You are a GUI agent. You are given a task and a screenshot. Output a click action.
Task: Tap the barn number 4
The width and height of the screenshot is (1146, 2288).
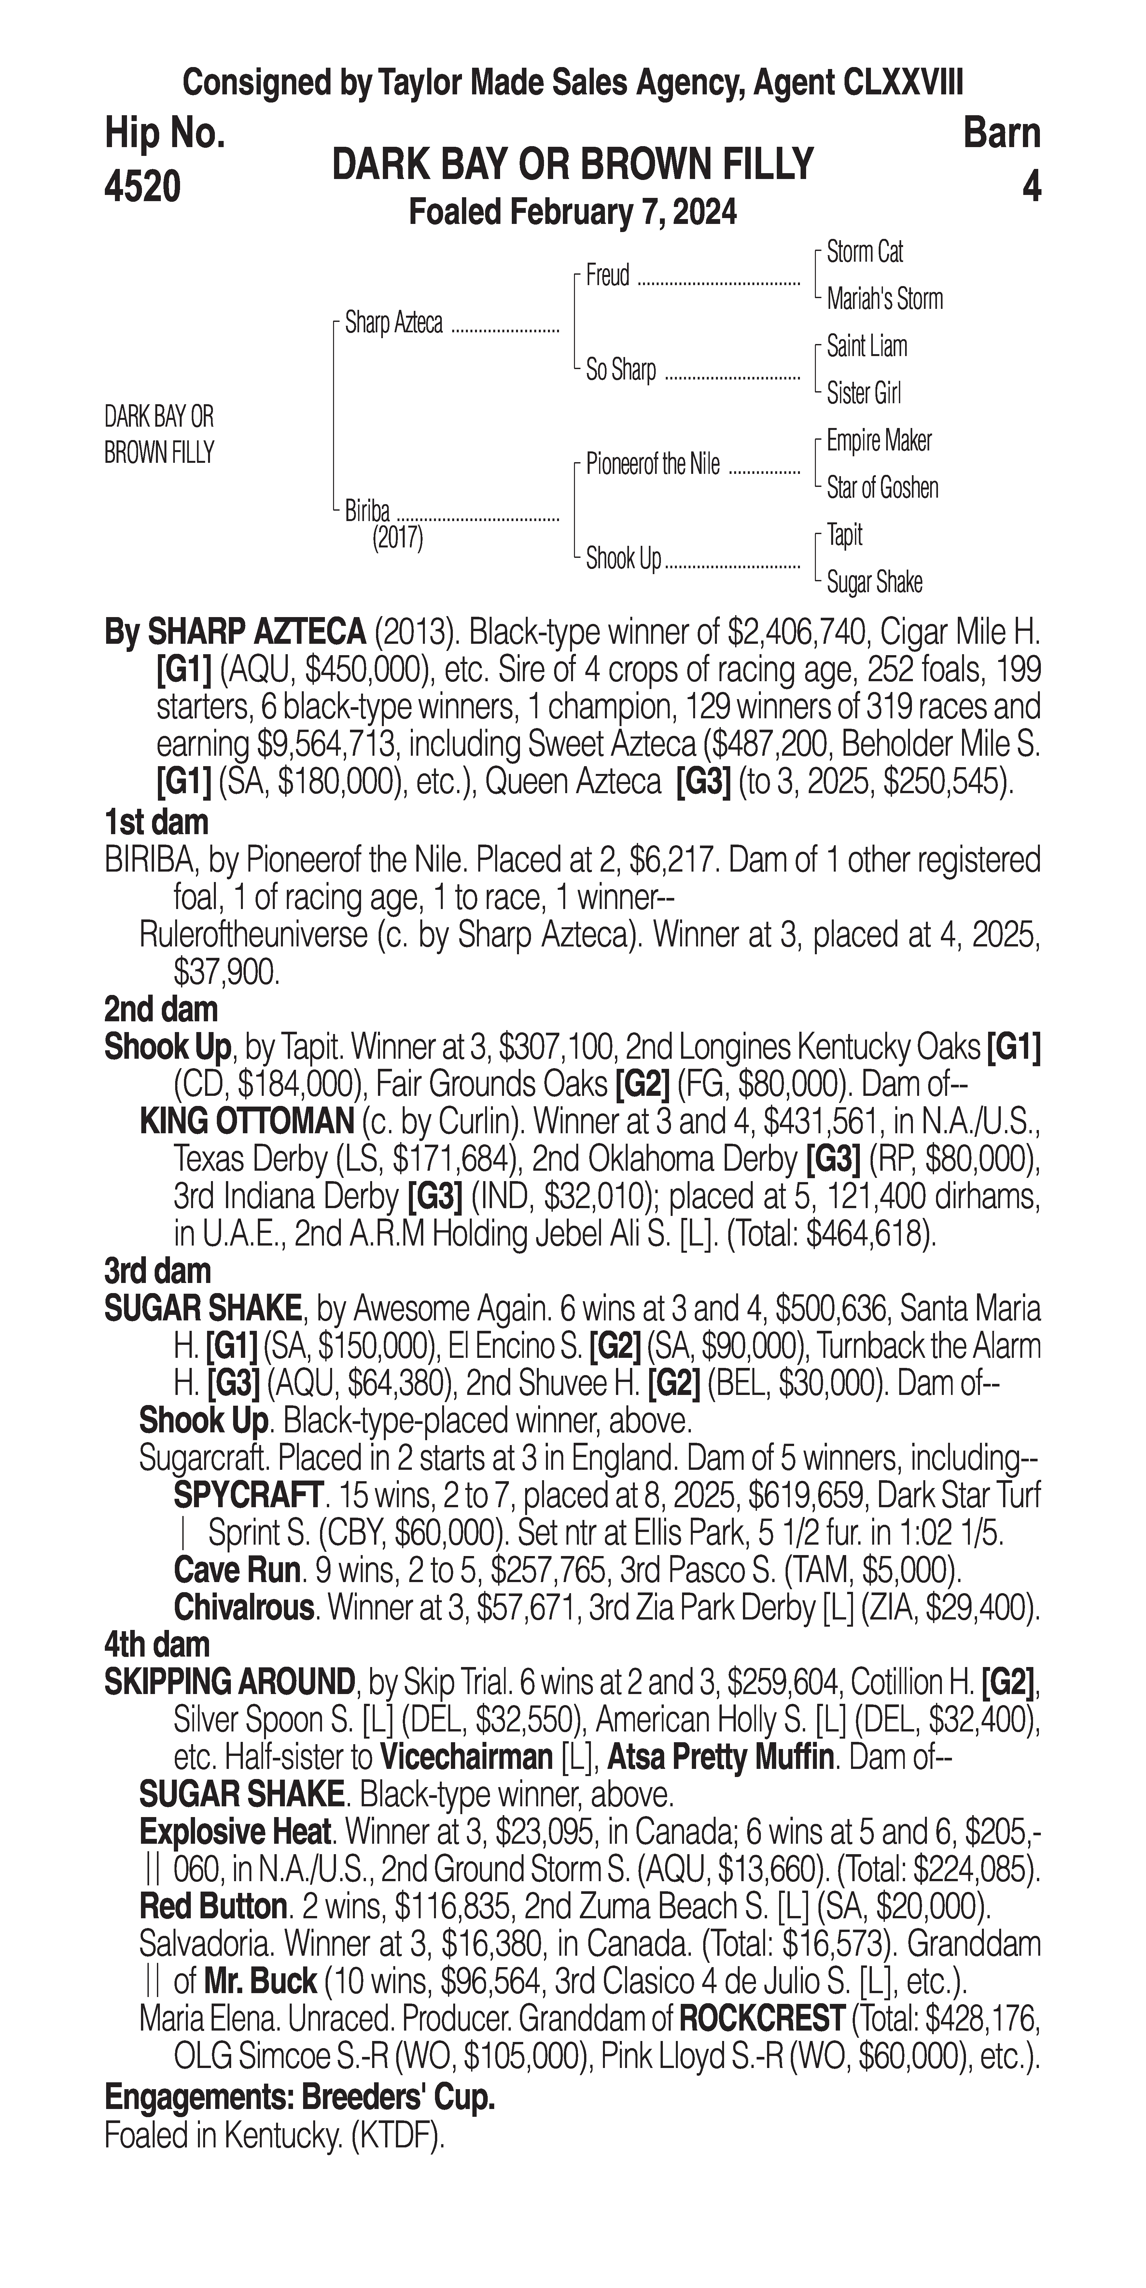pyautogui.click(x=1030, y=187)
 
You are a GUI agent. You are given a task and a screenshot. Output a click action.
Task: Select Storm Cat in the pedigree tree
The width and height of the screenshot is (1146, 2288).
pyautogui.click(x=864, y=252)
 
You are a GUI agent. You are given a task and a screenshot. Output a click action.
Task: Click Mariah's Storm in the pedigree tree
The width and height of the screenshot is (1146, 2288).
pyautogui.click(x=884, y=299)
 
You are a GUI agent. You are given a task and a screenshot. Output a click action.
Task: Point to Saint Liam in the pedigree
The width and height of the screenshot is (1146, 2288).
pyautogui.click(x=866, y=346)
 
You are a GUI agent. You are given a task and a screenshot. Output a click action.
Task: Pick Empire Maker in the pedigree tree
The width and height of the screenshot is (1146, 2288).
pyautogui.click(x=879, y=441)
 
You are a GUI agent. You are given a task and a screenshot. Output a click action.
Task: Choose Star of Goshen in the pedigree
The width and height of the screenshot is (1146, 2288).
pyautogui.click(x=882, y=488)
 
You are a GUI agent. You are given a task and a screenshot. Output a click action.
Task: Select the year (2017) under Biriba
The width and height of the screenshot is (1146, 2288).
pyautogui.click(x=397, y=538)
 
